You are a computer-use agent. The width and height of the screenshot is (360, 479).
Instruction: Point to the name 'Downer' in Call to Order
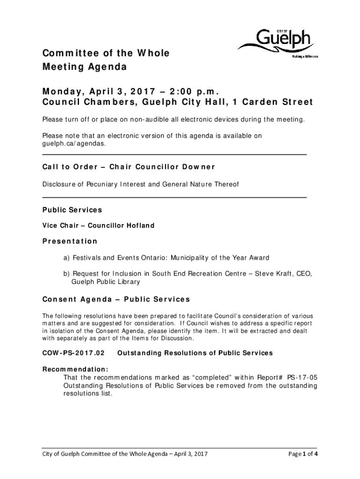click(x=198, y=167)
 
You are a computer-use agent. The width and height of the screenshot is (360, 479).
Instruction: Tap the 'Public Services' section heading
click(x=72, y=210)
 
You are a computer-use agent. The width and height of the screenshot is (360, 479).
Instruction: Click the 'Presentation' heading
click(x=70, y=241)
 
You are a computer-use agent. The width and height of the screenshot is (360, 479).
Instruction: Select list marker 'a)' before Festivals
click(x=67, y=258)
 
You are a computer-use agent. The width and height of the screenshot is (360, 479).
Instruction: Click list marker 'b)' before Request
click(x=67, y=274)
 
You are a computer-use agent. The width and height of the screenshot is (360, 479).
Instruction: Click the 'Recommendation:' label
click(x=76, y=369)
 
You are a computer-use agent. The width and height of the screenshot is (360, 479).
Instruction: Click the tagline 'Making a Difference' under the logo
click(x=305, y=57)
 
